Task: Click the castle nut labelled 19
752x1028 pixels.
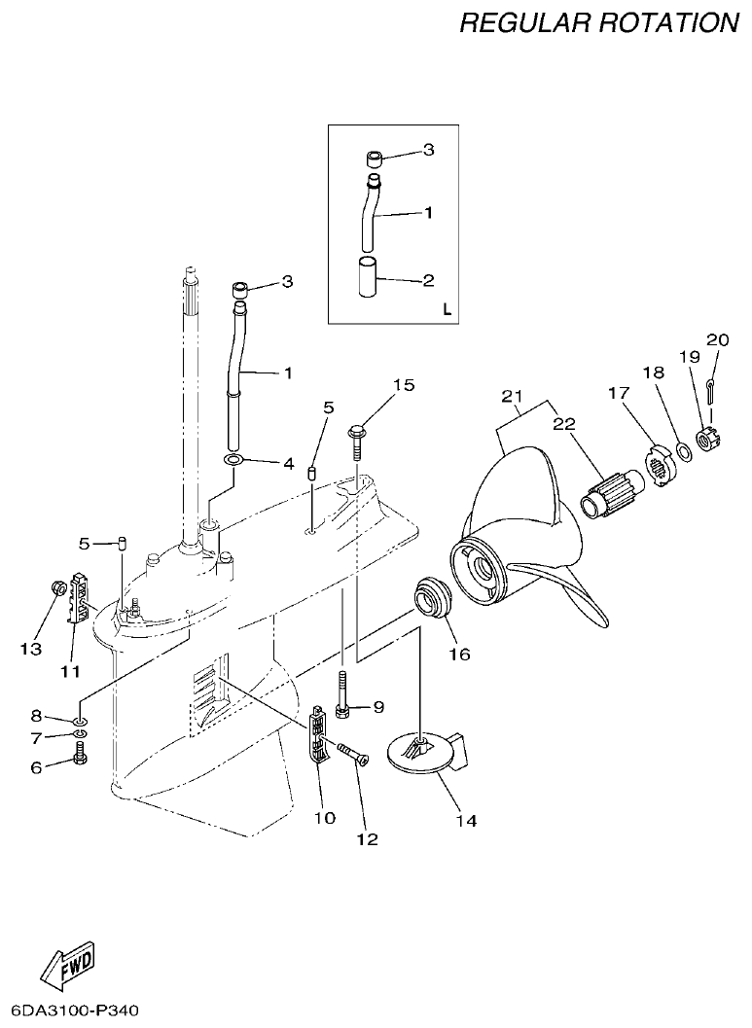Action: [x=707, y=427]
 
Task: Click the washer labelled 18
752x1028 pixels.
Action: [x=684, y=450]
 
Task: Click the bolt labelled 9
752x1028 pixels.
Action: [x=343, y=700]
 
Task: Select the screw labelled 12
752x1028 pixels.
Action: [x=351, y=755]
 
